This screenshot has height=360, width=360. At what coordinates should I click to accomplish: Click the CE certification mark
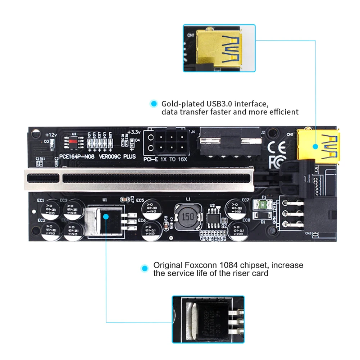coord(277,147)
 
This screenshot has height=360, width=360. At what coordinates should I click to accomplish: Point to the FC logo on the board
coord(276,162)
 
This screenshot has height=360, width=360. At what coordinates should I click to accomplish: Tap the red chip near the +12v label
coord(73,141)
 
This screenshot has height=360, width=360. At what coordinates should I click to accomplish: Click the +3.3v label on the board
coord(135,132)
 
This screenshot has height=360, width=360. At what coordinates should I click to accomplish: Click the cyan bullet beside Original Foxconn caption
coord(145,268)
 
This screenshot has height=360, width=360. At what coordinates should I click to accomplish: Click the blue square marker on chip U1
coord(106,217)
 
